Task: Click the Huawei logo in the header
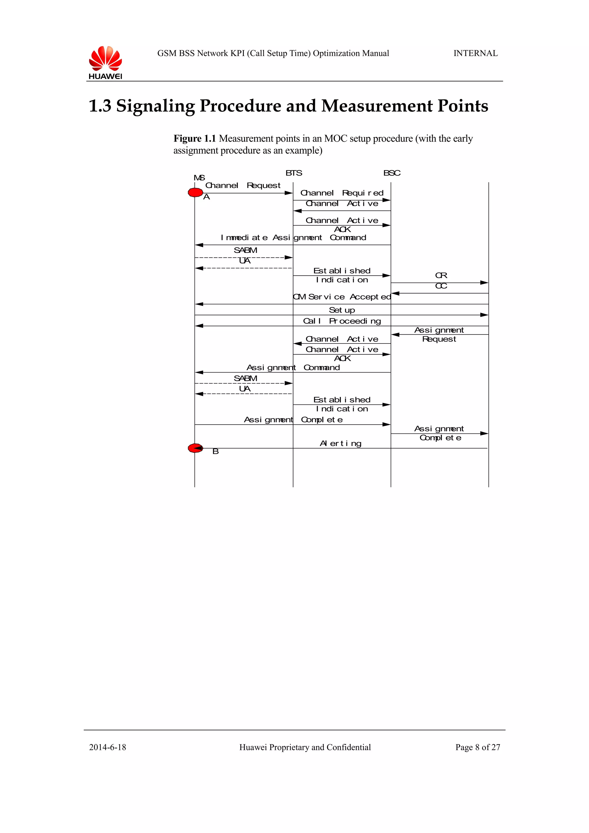[105, 62]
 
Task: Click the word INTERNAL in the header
[475, 53]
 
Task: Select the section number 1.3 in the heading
[100, 106]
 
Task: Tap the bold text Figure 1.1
[194, 139]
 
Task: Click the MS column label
[199, 178]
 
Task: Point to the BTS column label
[294, 173]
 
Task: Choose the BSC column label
[392, 173]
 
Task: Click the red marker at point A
[195, 193]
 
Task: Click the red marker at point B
[195, 448]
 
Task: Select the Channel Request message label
[243, 185]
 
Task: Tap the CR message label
[441, 275]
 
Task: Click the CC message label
[441, 286]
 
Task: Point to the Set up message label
[342, 310]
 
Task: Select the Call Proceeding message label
[342, 321]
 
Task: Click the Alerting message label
[341, 443]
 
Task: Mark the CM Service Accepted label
[342, 297]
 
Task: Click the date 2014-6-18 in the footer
[108, 747]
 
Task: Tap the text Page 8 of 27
[478, 747]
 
